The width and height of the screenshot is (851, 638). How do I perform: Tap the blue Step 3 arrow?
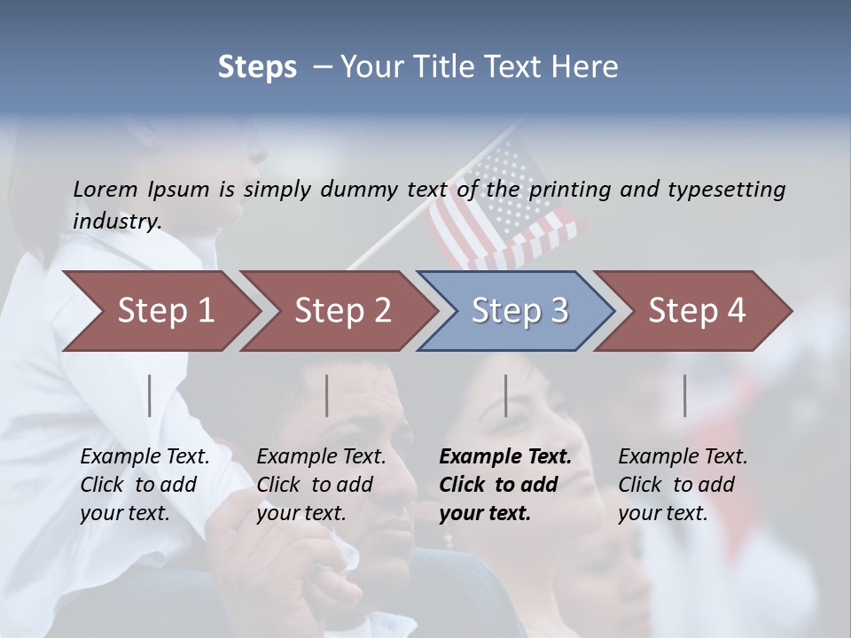click(519, 311)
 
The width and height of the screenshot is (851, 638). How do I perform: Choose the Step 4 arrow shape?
click(697, 311)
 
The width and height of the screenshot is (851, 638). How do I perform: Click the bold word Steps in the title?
click(257, 66)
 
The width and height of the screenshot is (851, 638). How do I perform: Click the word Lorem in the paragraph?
click(105, 189)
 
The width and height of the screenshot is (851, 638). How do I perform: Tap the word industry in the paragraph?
click(116, 222)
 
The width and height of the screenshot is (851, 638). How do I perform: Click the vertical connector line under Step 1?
click(150, 395)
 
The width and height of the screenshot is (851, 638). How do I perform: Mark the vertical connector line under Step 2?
click(327, 395)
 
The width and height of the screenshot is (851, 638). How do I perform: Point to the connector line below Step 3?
click(505, 395)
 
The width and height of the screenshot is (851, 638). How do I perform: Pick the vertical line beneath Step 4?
click(684, 395)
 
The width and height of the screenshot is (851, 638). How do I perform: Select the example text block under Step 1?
click(144, 485)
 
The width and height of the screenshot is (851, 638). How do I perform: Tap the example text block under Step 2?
click(321, 485)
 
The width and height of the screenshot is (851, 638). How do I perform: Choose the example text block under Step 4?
click(683, 485)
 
